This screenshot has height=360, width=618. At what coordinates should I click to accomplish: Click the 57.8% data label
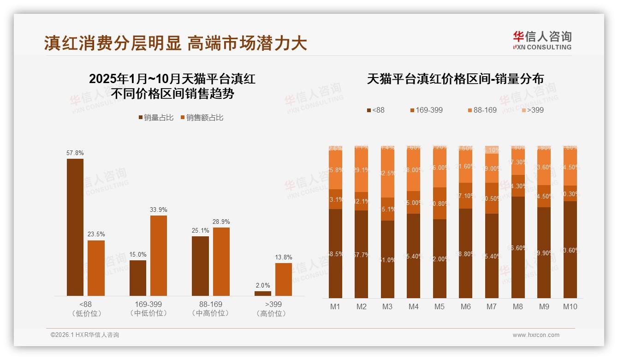coord(75,153)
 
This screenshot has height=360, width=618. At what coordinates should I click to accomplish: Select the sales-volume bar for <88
coord(75,227)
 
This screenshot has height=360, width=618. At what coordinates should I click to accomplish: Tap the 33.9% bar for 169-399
coord(159,255)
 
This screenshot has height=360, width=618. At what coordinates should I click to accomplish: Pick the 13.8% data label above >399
coord(284,257)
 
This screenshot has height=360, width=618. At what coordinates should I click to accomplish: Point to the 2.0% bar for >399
coord(263,293)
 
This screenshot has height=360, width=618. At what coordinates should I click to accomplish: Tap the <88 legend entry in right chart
coord(375,110)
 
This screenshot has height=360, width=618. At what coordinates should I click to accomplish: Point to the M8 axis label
coord(518,306)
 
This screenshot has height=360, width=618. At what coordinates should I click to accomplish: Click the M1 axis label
coord(335,306)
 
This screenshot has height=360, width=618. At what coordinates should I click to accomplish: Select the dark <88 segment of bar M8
coord(518,247)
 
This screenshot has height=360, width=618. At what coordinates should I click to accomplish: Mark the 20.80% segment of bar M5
coord(440,203)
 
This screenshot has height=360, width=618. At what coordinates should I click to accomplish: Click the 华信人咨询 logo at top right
coord(542,40)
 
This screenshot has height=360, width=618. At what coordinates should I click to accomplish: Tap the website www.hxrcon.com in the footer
coord(536,335)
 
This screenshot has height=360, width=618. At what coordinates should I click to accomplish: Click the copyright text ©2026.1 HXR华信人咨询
coord(85,335)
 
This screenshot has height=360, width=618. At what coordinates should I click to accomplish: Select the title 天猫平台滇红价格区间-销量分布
coord(455,79)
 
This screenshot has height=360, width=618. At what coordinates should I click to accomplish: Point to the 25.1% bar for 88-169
coord(200,266)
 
